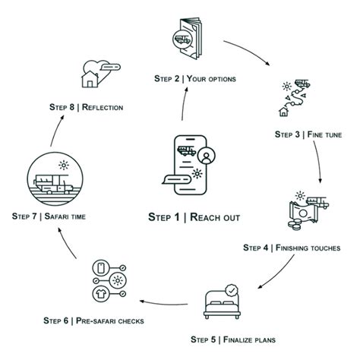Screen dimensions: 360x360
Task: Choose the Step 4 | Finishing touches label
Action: tap(296, 247)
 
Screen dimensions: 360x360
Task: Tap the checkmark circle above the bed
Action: tap(232, 290)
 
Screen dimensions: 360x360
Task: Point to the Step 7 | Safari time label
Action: tap(48, 216)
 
